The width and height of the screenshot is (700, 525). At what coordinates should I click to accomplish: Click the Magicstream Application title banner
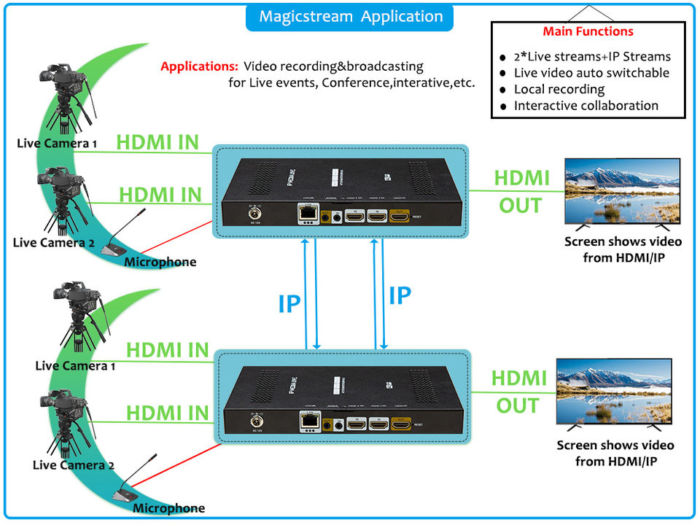click(350, 16)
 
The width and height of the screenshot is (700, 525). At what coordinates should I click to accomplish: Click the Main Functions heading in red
click(588, 31)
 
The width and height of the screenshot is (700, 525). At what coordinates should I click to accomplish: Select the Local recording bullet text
click(559, 89)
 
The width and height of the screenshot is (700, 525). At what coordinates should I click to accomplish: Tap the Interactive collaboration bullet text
click(586, 106)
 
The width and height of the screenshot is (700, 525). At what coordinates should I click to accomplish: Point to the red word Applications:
click(199, 66)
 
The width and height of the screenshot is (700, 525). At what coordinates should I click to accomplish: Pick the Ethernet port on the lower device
click(308, 421)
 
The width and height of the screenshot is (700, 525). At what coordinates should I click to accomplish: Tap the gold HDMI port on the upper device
click(400, 216)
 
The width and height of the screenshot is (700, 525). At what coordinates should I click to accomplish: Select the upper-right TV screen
click(622, 191)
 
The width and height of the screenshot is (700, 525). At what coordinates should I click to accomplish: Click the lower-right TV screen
click(614, 392)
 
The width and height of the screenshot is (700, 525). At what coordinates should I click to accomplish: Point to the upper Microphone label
click(160, 262)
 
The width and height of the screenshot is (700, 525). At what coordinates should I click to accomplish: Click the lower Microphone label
click(168, 508)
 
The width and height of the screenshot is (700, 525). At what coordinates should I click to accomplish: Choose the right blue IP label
click(400, 295)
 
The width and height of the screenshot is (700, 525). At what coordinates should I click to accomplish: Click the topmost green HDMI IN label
click(157, 142)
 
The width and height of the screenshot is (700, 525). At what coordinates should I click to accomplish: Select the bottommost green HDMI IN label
click(167, 413)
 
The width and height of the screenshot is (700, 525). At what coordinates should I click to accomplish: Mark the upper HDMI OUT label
click(521, 192)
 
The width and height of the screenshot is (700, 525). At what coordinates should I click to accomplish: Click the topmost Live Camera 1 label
click(57, 144)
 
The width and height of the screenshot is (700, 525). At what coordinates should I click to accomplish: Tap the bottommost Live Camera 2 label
click(74, 465)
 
